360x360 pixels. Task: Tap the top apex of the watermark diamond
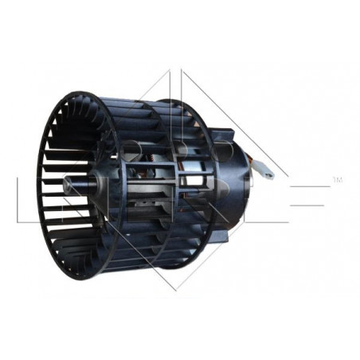coord(181,69)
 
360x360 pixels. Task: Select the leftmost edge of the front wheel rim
coord(40,187)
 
